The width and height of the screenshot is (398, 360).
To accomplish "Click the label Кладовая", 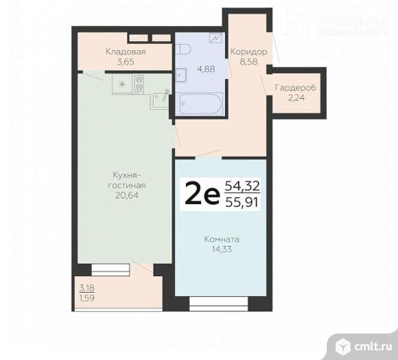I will click(125, 51).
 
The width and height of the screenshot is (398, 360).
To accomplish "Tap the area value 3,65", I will click(125, 61).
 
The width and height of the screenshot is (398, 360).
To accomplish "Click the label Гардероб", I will click(294, 88).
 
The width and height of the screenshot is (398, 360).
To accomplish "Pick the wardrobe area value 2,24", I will click(294, 98).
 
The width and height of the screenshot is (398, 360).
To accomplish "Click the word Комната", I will click(221, 240).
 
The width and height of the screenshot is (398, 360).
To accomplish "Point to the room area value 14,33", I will click(221, 250).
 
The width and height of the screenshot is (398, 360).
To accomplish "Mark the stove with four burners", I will click(139, 84).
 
